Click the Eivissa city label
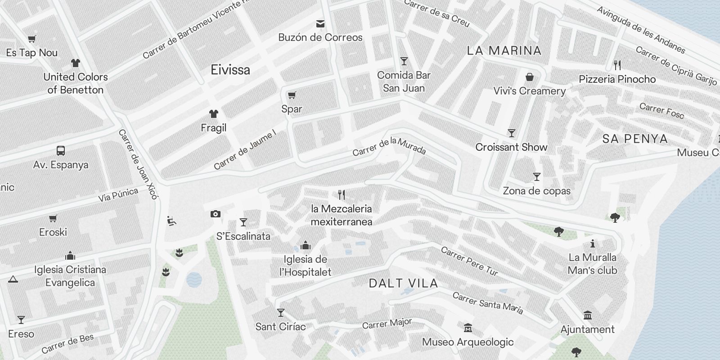pos(230,70)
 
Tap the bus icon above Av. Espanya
pos(61,151)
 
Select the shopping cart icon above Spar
pos(292,95)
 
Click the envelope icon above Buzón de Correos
pos(320,23)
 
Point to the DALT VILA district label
pos(403,283)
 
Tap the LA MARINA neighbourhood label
pos(504,50)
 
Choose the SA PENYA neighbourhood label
pos(635,139)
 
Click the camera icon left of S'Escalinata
pos(216,214)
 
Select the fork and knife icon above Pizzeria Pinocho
pos(617,65)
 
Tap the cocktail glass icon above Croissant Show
pos(511,133)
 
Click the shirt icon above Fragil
pos(213,114)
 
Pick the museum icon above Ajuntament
pos(587,315)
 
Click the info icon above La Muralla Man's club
pos(593,244)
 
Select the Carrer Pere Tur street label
pos(469,261)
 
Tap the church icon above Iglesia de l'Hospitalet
pos(306,245)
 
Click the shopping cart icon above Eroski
pos(53,218)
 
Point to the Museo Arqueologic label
pos(468,342)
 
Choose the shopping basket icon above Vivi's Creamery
pos(530,77)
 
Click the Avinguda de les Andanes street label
pos(641,30)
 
